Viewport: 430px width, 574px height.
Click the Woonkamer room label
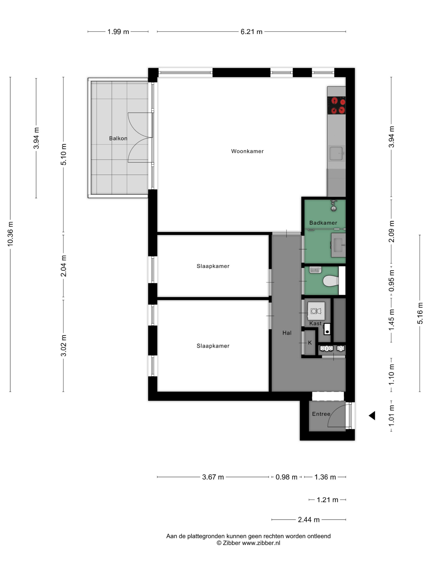[247, 151]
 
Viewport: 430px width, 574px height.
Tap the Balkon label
[118, 138]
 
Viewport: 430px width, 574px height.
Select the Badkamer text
[323, 223]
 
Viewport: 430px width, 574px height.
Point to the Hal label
[287, 333]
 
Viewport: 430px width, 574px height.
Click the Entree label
[321, 414]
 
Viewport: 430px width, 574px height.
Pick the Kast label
[315, 323]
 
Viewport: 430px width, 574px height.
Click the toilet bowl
[331, 281]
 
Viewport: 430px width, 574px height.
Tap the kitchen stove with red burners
[336, 105]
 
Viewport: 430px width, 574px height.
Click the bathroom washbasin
[338, 245]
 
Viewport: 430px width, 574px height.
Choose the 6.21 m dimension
[252, 32]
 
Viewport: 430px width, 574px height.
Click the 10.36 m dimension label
[10, 234]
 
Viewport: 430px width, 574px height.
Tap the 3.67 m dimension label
[213, 477]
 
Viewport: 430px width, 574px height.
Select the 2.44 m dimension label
[308, 520]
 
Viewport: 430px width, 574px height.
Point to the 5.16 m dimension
[420, 313]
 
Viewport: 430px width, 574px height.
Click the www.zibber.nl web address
[261, 543]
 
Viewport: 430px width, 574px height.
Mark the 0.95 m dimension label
[391, 280]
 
